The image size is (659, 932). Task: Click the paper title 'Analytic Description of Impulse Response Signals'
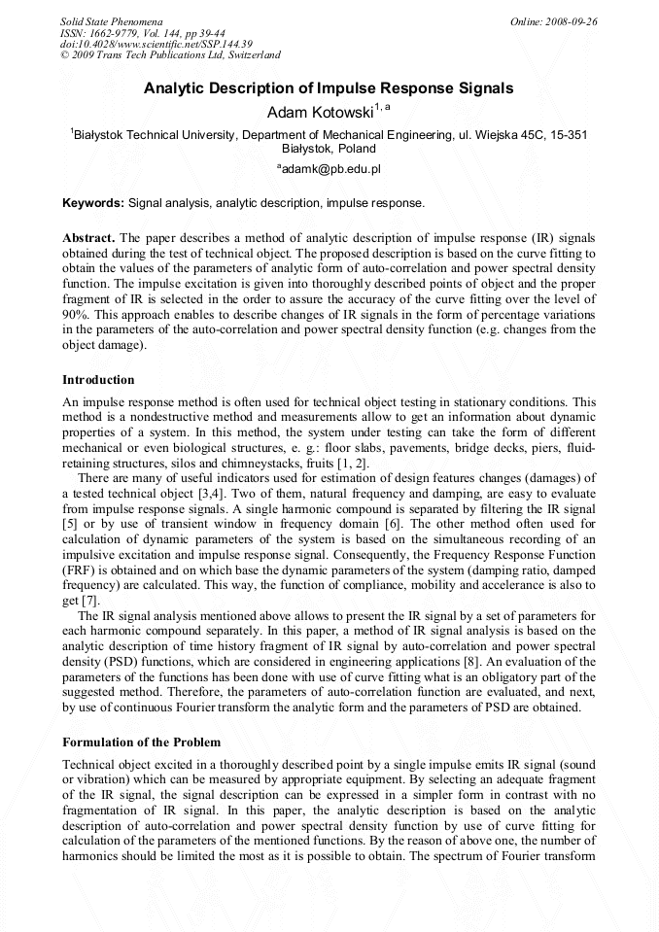tap(329, 88)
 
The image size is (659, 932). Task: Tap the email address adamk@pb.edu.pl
tap(329, 169)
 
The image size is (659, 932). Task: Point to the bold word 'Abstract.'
tap(88, 237)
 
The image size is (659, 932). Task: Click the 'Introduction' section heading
tap(98, 379)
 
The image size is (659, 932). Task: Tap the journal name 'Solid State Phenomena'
tap(111, 21)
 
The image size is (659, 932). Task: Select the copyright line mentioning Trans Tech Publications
tap(170, 56)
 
